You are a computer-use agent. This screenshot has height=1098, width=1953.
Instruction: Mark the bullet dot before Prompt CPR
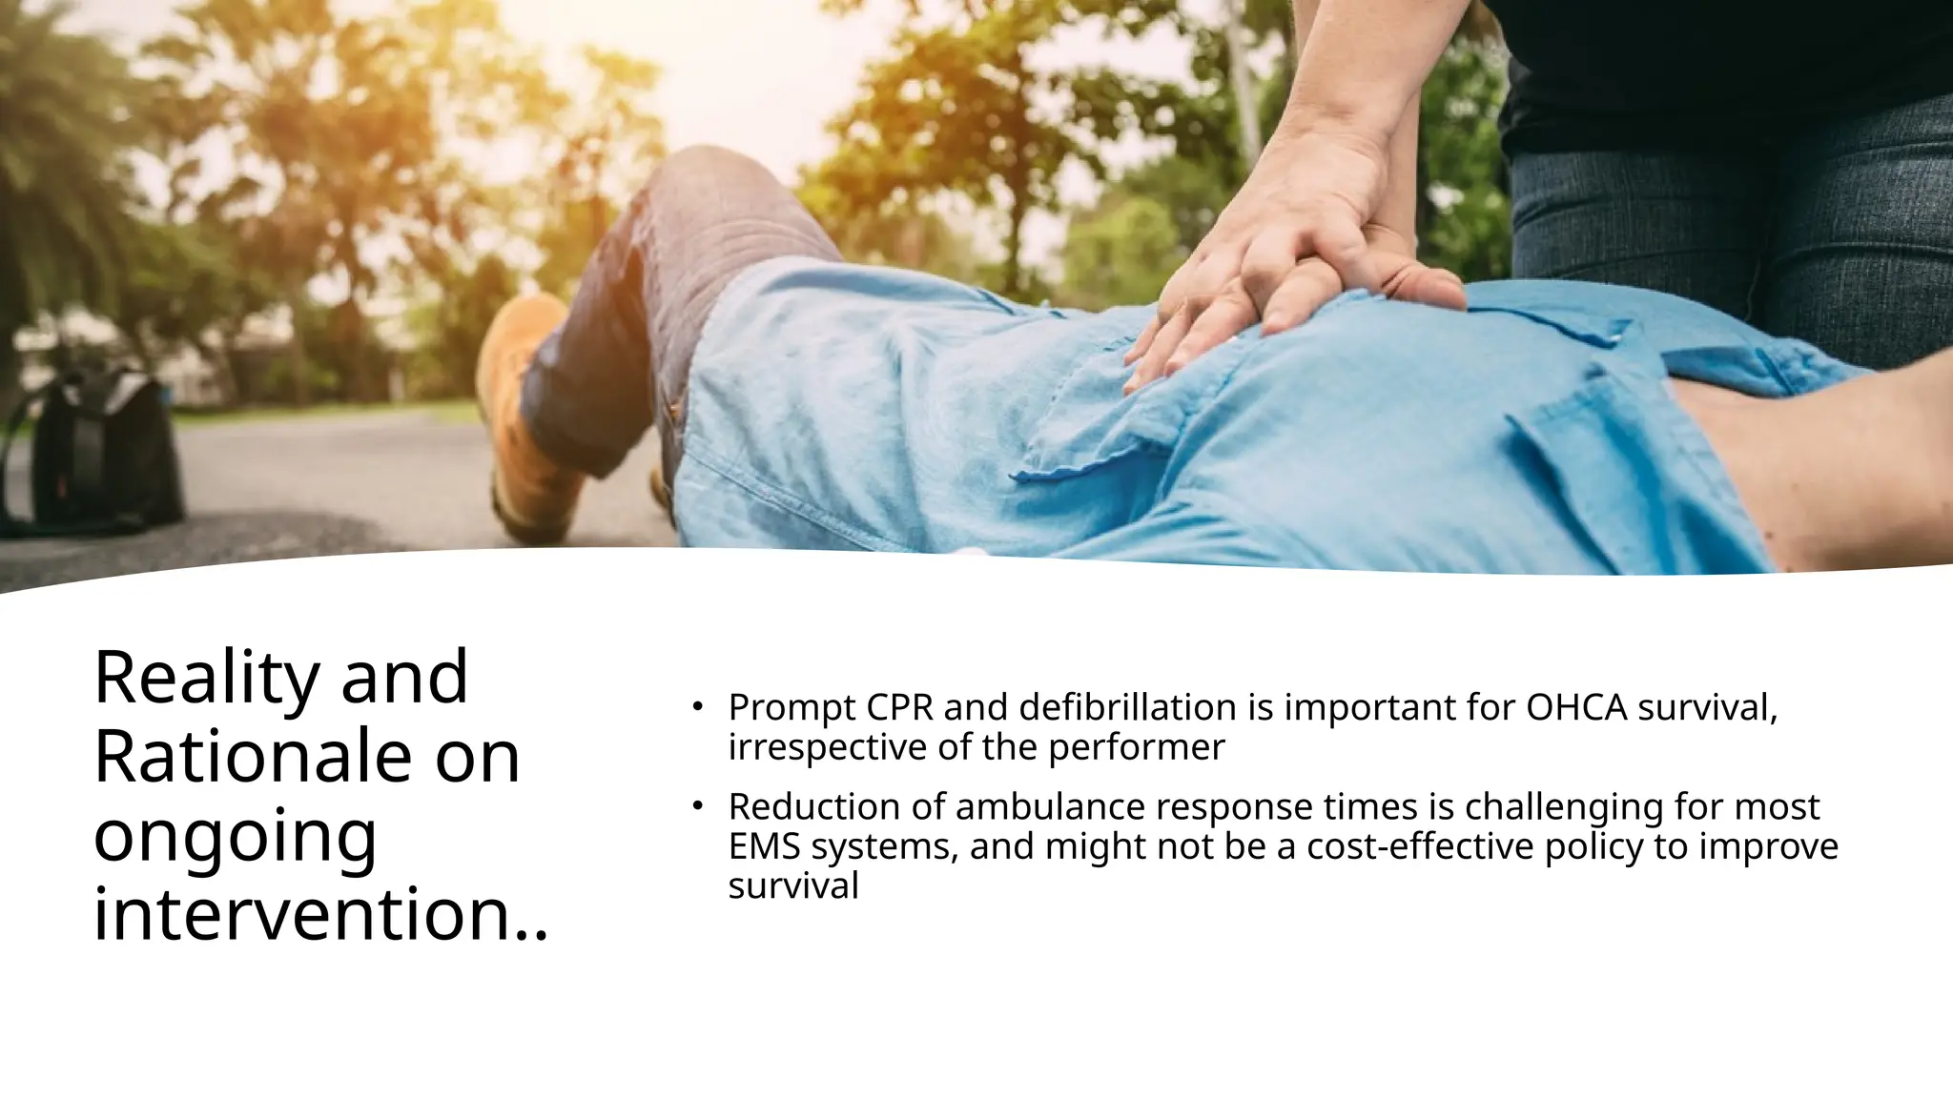(697, 707)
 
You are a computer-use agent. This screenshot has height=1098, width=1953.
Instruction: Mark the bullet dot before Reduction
(697, 806)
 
